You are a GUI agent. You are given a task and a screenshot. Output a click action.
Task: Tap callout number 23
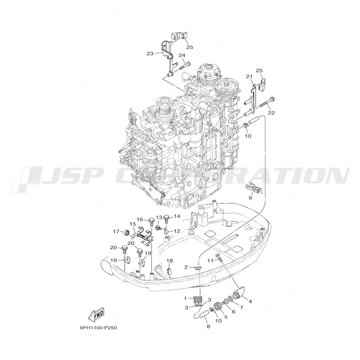[150, 54]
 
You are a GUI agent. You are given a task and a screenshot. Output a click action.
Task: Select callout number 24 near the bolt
[181, 55]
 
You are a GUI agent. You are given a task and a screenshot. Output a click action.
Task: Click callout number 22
[271, 113]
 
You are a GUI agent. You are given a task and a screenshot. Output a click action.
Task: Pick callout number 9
[250, 198]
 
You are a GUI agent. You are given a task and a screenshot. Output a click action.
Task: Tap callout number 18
[170, 261]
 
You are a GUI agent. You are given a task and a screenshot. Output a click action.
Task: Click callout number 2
[186, 267]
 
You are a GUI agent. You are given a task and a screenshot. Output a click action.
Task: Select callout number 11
[210, 260]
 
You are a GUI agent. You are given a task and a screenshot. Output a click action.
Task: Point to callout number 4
[250, 302]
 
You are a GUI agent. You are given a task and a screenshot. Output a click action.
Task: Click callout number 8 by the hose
[208, 326]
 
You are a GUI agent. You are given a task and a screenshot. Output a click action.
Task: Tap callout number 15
[132, 224]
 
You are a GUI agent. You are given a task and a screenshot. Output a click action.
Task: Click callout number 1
[185, 298]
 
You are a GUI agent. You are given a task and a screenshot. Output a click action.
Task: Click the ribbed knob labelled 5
[217, 306]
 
